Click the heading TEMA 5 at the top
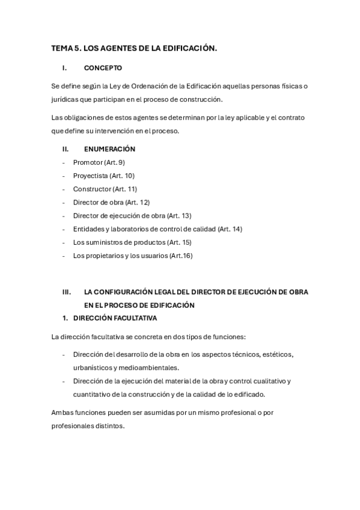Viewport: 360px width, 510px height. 133,48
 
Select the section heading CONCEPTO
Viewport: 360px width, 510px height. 103,68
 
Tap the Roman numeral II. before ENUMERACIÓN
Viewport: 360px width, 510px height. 66,149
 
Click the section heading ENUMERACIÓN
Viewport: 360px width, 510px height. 109,149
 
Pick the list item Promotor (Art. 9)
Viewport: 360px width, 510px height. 99,162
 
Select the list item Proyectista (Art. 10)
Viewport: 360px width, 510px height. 103,176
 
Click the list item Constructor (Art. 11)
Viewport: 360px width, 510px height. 105,189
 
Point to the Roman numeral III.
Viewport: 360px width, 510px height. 67,292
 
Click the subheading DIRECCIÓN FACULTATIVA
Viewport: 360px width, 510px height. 115,318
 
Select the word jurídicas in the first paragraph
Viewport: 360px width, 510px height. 64,99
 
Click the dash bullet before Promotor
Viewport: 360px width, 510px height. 64,162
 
